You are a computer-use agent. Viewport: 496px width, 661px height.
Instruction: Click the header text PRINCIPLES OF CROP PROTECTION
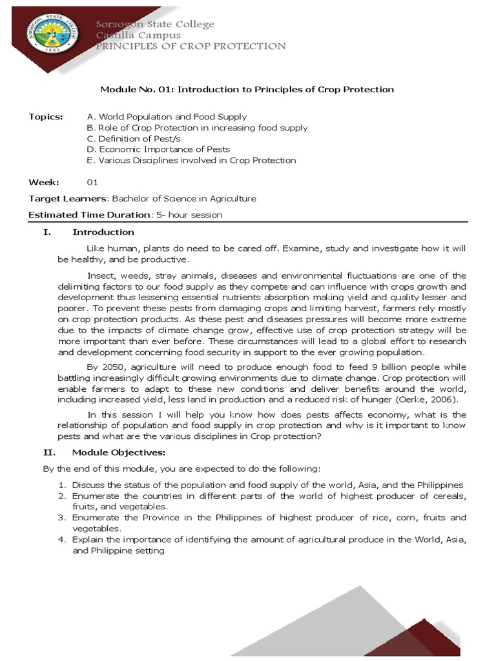pyautogui.click(x=191, y=46)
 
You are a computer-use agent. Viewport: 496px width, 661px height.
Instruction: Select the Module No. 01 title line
pyautogui.click(x=247, y=90)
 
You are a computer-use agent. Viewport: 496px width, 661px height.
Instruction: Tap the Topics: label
pyautogui.click(x=46, y=117)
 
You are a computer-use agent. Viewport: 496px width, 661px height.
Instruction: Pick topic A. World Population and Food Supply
pyautogui.click(x=167, y=117)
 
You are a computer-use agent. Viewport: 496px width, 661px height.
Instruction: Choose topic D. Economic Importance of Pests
pyautogui.click(x=158, y=150)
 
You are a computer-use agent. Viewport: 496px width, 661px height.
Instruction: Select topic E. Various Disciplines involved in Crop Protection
pyautogui.click(x=191, y=160)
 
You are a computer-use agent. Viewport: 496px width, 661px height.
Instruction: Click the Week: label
pyautogui.click(x=44, y=183)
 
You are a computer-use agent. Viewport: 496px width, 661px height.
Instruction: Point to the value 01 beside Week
pyautogui.click(x=92, y=183)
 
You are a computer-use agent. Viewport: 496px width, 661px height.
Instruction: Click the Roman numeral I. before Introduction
pyautogui.click(x=47, y=232)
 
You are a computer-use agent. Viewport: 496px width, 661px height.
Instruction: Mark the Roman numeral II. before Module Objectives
pyautogui.click(x=48, y=451)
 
